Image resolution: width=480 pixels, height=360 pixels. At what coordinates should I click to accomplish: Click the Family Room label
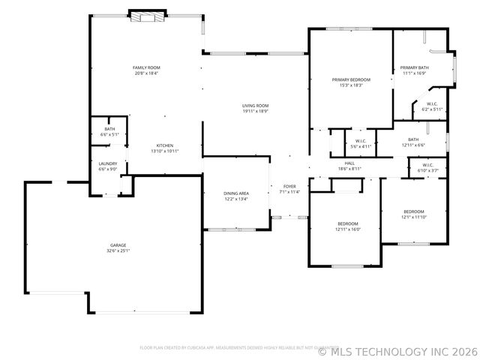click(x=145, y=68)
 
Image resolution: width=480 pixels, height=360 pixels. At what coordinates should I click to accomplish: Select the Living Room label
click(x=255, y=106)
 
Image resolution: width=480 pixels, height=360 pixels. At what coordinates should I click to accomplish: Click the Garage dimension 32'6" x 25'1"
click(x=118, y=250)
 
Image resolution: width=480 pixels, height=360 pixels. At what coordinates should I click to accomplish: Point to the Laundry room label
click(x=108, y=163)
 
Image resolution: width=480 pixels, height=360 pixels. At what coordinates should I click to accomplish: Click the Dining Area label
click(x=235, y=193)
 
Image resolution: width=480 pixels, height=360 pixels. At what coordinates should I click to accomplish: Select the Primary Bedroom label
click(x=351, y=79)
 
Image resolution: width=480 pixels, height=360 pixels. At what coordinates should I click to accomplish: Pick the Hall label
click(x=349, y=163)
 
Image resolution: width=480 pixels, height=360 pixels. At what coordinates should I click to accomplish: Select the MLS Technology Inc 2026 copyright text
click(x=398, y=350)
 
